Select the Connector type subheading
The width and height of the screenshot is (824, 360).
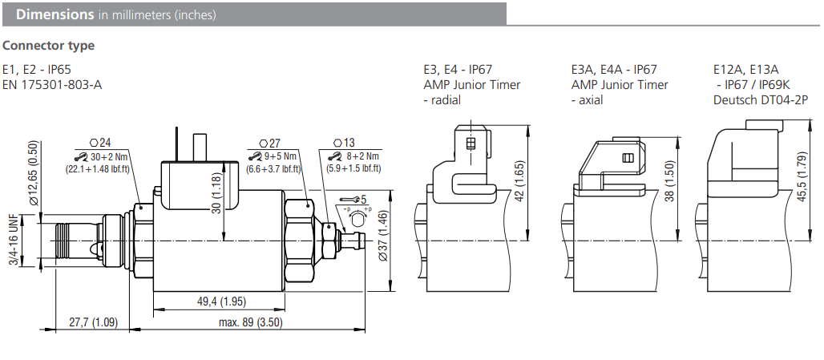(x=49, y=46)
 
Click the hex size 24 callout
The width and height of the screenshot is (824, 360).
(x=100, y=142)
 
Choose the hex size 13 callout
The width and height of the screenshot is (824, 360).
(x=345, y=142)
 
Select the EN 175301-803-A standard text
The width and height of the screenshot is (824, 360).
(x=53, y=84)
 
